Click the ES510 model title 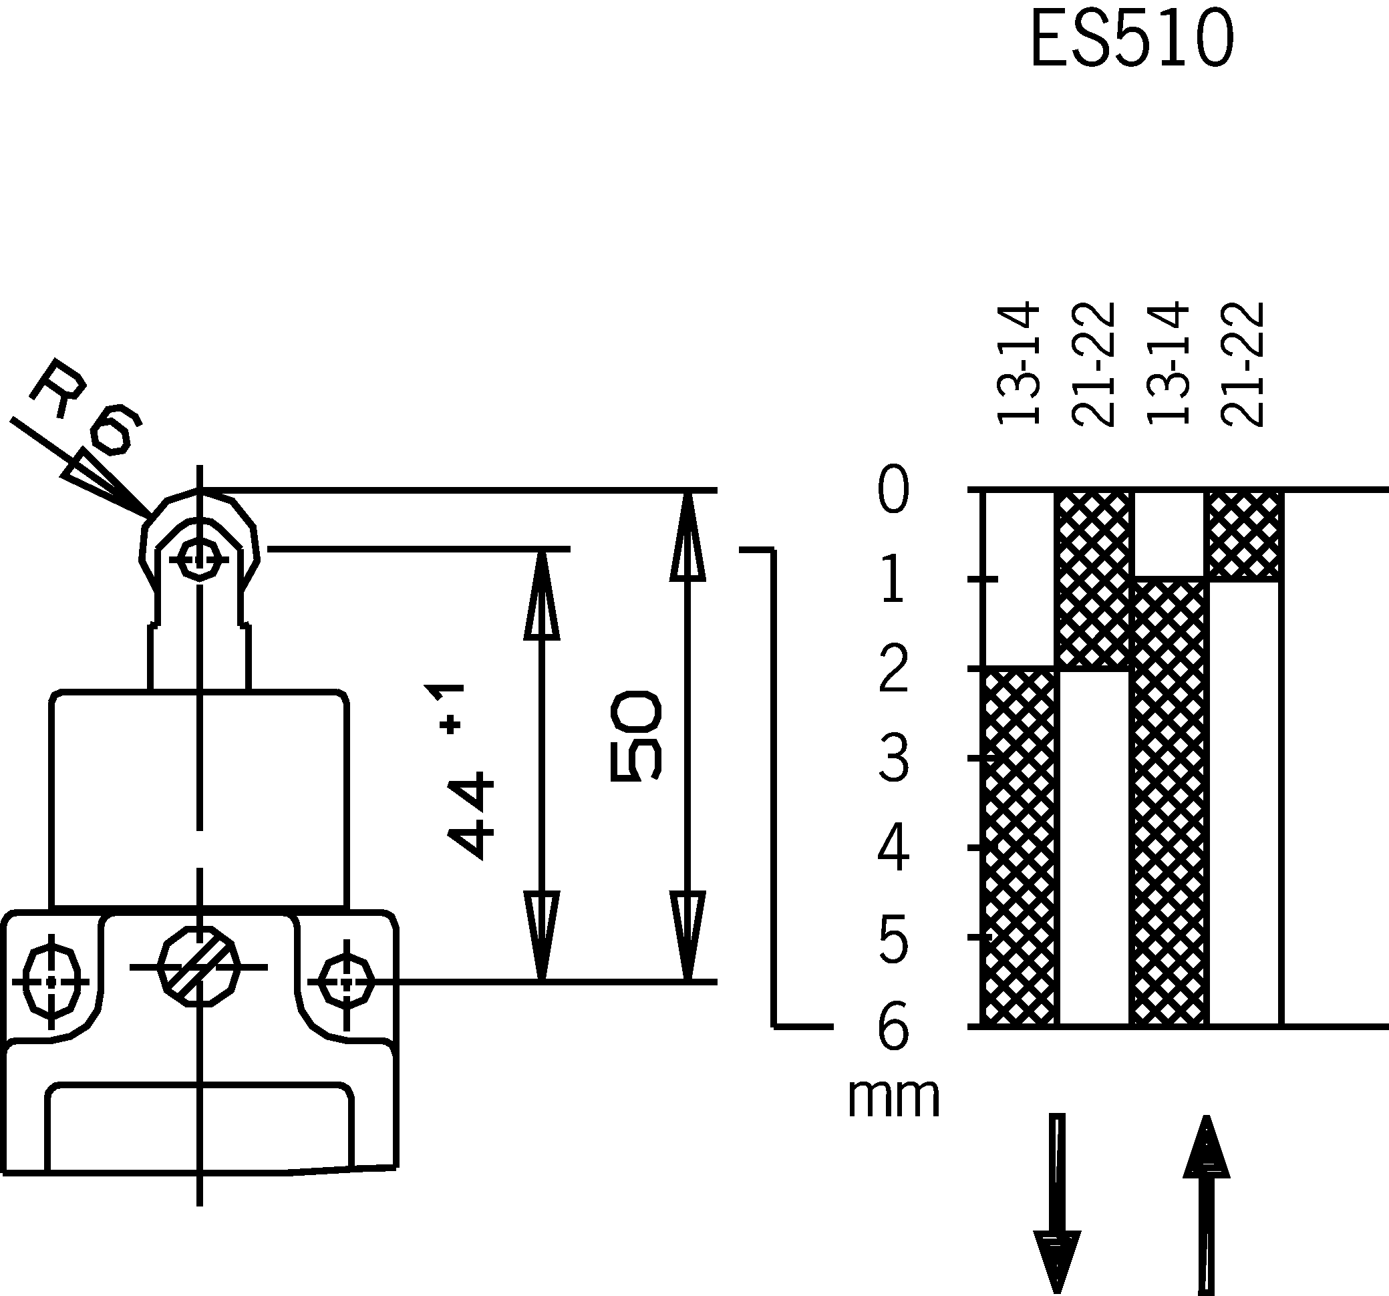pyautogui.click(x=1132, y=41)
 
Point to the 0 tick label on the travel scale pyautogui.click(x=893, y=490)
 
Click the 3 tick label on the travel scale pyautogui.click(x=893, y=759)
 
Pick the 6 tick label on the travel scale pyautogui.click(x=893, y=1027)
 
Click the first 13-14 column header pyautogui.click(x=1019, y=363)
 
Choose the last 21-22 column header pyautogui.click(x=1242, y=363)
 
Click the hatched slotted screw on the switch pyautogui.click(x=199, y=967)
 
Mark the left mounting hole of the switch pyautogui.click(x=51, y=981)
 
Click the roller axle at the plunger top pyautogui.click(x=200, y=558)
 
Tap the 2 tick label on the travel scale pyautogui.click(x=893, y=669)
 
